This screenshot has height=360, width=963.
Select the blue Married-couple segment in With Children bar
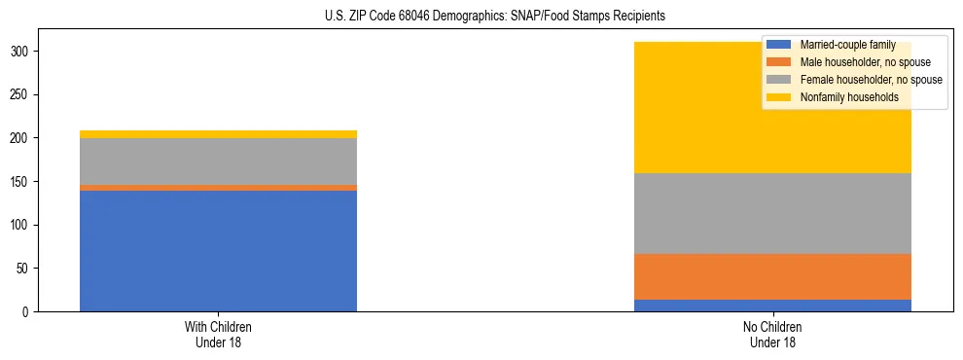[218, 250]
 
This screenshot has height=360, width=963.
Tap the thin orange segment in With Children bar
[218, 188]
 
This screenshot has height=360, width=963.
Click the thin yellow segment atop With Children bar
[218, 134]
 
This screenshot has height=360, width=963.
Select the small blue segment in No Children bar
[772, 306]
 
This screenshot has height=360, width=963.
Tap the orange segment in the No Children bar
[772, 276]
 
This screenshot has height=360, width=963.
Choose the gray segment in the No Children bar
[772, 213]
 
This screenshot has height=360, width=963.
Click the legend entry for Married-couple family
[847, 45]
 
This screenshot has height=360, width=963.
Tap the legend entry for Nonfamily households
[849, 97]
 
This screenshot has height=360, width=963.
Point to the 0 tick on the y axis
[28, 311]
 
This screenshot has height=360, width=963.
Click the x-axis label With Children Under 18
[218, 335]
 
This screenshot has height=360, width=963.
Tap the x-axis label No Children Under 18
[772, 335]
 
